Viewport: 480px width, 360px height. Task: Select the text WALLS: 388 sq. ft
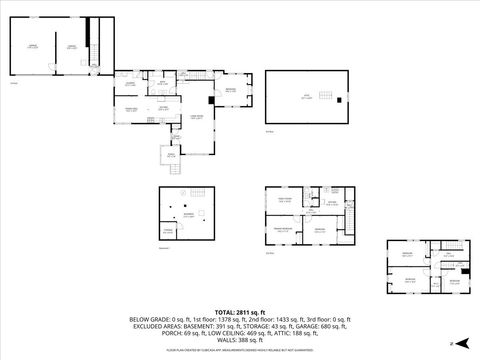click(x=240, y=339)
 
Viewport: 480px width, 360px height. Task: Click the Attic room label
click(x=307, y=96)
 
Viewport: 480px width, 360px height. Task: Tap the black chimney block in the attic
click(x=342, y=98)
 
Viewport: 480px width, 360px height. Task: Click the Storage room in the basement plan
click(x=169, y=231)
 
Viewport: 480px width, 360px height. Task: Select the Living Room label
click(x=197, y=117)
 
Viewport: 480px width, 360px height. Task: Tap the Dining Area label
click(x=131, y=108)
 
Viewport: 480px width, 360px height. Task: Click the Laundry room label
click(x=130, y=84)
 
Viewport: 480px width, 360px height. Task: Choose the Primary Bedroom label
click(x=285, y=229)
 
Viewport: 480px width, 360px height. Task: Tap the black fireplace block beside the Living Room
click(x=211, y=99)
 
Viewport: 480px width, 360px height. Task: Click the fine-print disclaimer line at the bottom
click(x=239, y=351)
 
